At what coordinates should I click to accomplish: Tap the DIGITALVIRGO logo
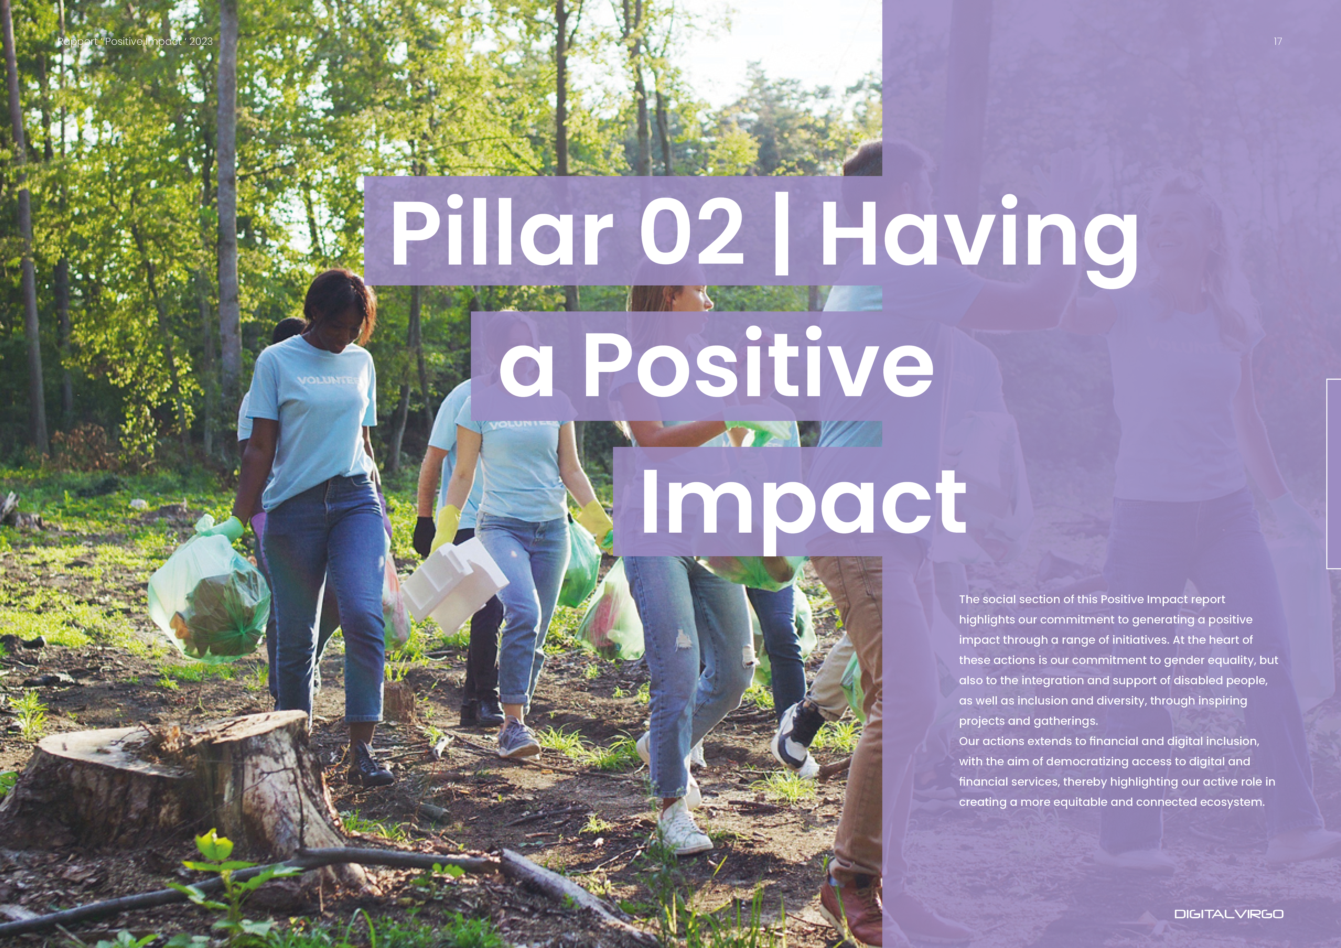(x=1229, y=914)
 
